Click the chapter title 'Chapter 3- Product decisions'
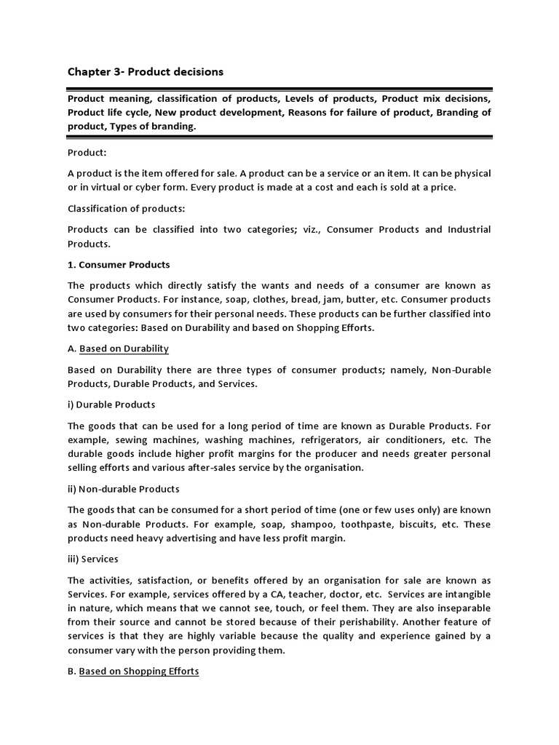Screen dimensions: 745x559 146,71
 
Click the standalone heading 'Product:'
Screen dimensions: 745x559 87,153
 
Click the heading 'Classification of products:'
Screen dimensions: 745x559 123,208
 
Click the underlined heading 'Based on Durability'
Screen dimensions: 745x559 124,348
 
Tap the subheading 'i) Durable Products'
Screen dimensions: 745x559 111,404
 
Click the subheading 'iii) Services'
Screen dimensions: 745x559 92,559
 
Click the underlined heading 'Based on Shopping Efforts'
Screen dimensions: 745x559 138,671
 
